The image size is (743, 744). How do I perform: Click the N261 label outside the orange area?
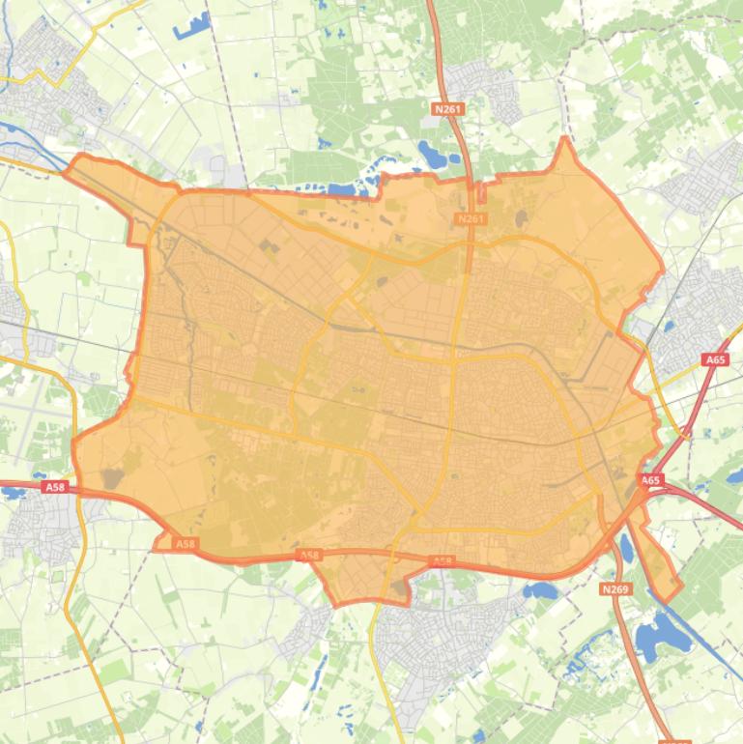click(448, 109)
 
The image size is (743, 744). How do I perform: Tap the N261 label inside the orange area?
click(471, 219)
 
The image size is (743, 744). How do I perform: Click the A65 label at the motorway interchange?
click(651, 480)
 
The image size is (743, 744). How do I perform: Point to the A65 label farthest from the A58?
click(716, 359)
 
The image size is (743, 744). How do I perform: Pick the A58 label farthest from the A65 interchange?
click(55, 488)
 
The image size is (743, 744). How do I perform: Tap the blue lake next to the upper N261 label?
click(428, 152)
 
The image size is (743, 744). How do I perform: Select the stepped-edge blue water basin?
click(191, 25)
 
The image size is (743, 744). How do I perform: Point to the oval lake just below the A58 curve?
click(539, 588)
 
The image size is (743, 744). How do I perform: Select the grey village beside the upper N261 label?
click(493, 87)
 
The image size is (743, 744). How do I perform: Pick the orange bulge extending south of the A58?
click(362, 580)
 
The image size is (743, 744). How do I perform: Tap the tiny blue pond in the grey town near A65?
click(667, 327)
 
